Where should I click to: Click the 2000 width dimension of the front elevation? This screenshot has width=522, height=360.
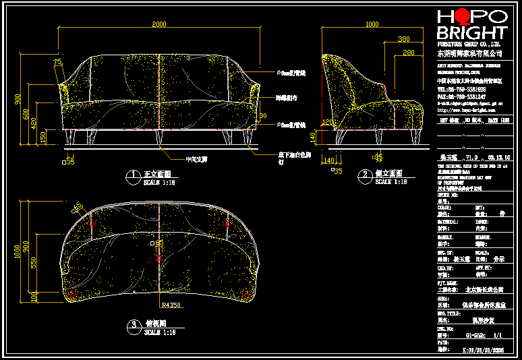click(x=158, y=25)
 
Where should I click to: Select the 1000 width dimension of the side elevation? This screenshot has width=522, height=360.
click(x=372, y=25)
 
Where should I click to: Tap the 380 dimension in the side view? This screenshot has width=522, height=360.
click(x=404, y=39)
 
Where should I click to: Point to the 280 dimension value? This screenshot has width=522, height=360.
click(x=408, y=52)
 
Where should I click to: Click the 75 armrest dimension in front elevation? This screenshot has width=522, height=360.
click(x=57, y=62)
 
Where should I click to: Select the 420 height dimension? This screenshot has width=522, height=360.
click(x=34, y=125)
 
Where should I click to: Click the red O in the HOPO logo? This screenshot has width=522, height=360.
click(x=462, y=18)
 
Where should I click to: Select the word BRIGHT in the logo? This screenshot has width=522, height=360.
click(x=471, y=33)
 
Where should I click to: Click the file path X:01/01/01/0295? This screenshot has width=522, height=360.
click(x=482, y=350)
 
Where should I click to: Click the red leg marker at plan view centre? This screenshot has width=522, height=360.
click(x=160, y=257)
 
